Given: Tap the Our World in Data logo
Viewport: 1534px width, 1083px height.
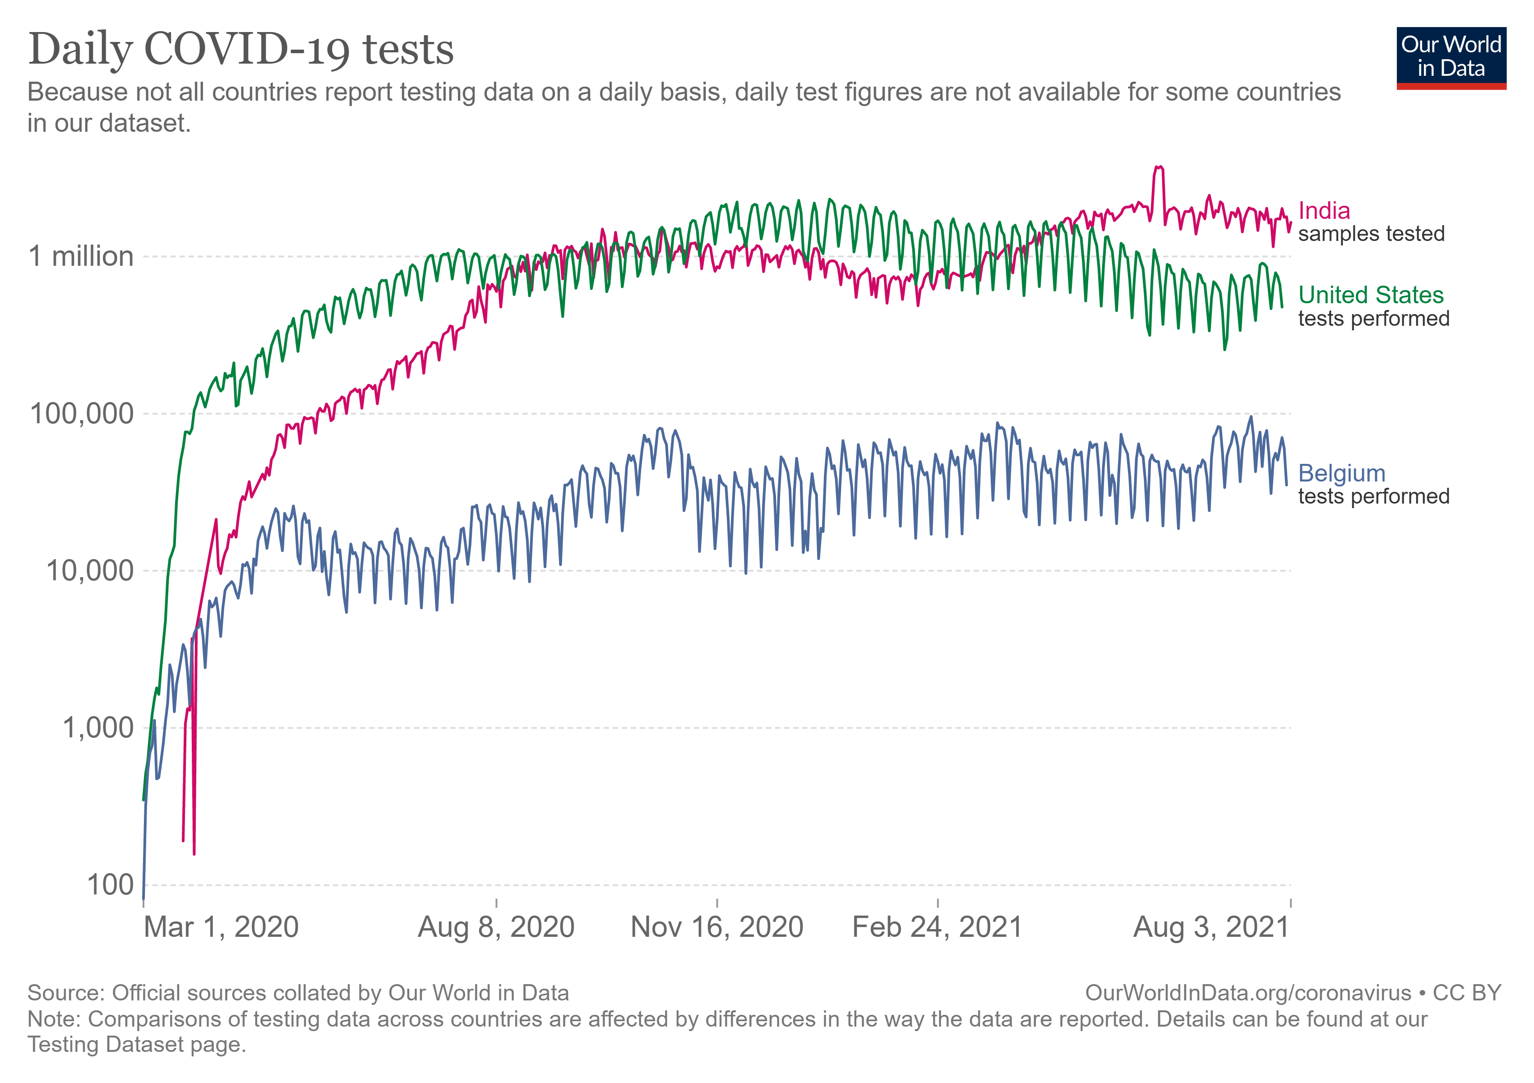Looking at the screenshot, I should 1451,57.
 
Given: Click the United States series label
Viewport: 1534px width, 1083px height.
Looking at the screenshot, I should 1370,295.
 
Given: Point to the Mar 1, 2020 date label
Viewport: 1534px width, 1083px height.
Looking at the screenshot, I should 221,927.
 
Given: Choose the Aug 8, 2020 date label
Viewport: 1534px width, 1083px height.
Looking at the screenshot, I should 496,927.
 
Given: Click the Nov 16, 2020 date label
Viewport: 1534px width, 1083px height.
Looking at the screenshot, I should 717,927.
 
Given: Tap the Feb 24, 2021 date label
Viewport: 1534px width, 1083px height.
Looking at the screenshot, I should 938,927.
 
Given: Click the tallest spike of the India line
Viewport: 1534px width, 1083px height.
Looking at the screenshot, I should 1159,167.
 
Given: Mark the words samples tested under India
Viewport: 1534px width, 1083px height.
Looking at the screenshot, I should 1371,234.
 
